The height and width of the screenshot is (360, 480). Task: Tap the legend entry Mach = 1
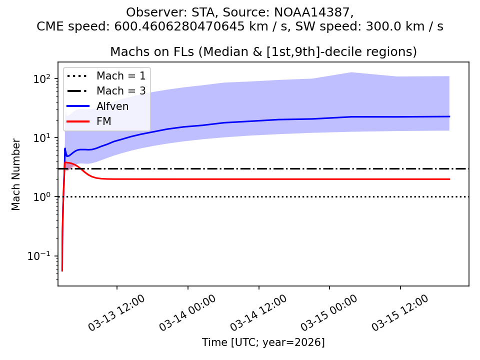coord(121,76)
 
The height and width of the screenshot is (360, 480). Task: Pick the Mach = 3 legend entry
coord(121,91)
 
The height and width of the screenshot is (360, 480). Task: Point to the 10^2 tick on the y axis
coord(44,79)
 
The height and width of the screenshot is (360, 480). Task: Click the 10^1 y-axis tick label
coord(44,138)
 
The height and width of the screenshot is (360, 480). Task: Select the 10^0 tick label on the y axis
coord(44,197)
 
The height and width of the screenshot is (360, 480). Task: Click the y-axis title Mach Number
coord(16,174)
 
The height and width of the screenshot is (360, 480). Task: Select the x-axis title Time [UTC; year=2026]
coord(263,342)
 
